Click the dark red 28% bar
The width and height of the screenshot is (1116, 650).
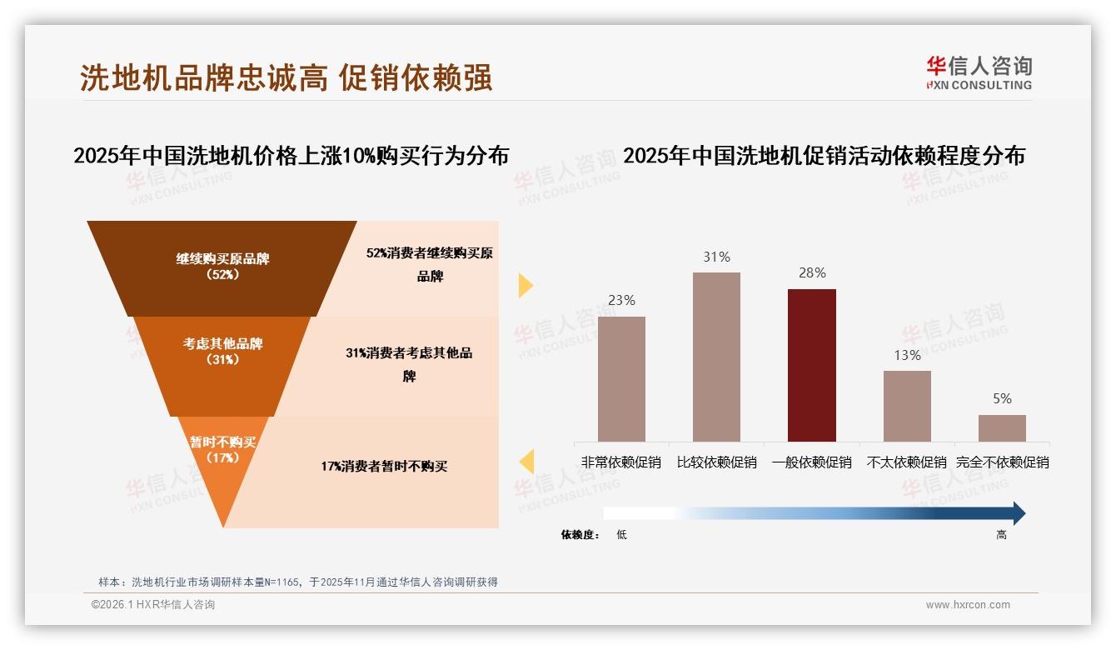811,365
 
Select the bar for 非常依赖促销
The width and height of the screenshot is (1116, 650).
621,378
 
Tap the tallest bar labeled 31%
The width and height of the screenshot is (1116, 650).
716,357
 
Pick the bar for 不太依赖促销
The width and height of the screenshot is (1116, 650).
907,406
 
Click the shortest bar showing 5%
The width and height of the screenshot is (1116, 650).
1002,427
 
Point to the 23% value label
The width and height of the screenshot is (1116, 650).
621,300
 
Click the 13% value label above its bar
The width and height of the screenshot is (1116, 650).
907,355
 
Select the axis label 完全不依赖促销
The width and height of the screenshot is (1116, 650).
1002,462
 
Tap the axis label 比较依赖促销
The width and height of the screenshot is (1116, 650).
716,462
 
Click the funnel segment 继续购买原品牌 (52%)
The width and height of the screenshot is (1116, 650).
222,267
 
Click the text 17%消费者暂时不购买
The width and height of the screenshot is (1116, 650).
384,466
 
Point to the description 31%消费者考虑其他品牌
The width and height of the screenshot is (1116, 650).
409,364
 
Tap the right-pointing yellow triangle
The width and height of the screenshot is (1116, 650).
526,285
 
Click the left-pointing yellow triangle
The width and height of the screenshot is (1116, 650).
526,462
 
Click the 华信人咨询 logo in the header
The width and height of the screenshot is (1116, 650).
979,72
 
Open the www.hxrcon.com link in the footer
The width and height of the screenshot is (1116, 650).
968,605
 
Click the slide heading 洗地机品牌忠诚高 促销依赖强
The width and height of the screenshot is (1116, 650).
286,77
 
